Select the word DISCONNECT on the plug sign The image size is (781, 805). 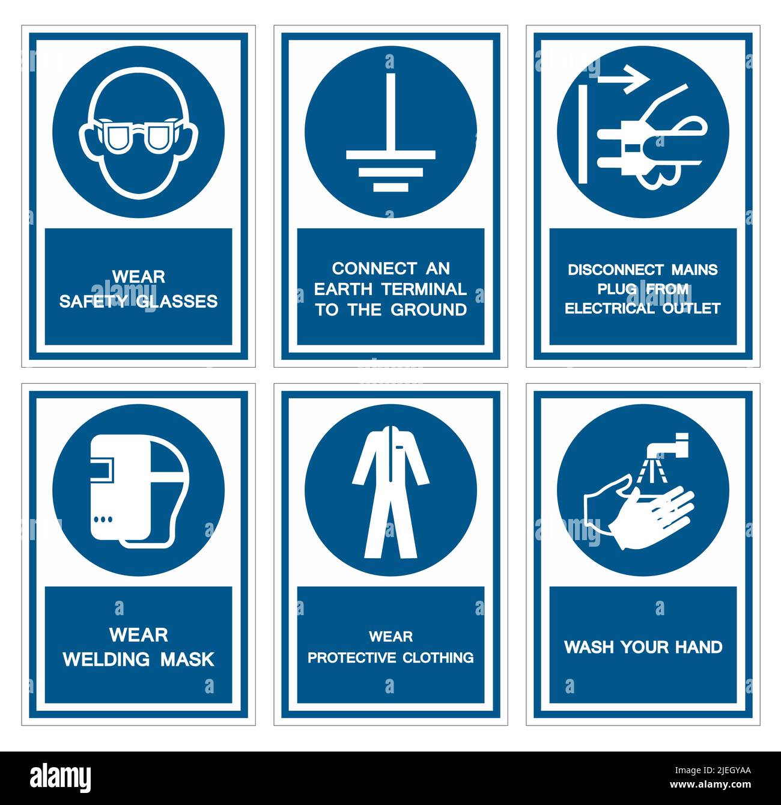pos(607,270)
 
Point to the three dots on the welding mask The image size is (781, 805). pos(103,518)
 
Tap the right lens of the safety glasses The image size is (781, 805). pos(159,137)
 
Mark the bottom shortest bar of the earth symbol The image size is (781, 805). pos(390,187)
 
